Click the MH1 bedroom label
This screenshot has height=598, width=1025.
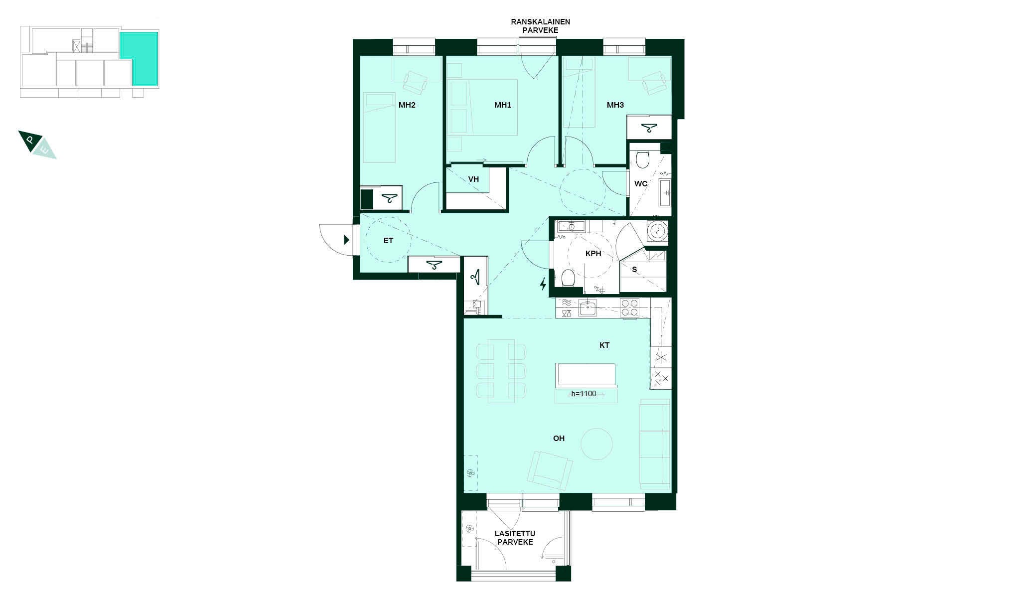503,105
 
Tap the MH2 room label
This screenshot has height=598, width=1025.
407,105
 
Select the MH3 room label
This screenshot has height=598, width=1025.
615,105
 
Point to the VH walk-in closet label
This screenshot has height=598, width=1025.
473,179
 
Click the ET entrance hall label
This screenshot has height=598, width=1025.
388,241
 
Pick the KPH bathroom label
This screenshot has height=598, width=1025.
593,254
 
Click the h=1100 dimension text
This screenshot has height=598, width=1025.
584,394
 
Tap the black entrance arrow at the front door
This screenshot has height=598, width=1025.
346,240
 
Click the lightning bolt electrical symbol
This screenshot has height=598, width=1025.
543,284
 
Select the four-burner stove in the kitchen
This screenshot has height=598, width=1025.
629,307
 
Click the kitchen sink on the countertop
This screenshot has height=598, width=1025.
588,308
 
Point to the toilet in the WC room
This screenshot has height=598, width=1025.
642,159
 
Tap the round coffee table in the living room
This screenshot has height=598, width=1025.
596,444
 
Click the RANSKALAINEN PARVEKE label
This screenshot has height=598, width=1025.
540,26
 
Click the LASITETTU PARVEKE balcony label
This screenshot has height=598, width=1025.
515,538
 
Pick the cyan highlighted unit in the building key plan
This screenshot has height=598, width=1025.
139,58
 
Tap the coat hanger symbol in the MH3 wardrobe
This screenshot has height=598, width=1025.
649,128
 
